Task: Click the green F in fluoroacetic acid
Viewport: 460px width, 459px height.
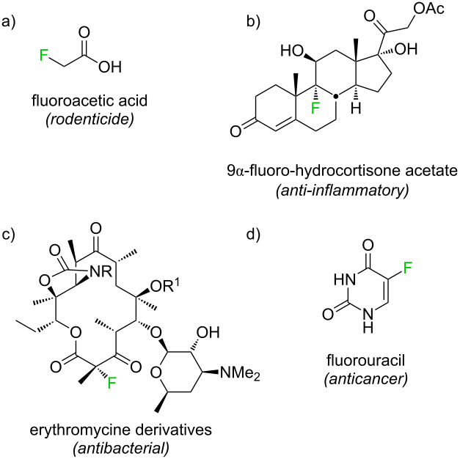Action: click(x=44, y=55)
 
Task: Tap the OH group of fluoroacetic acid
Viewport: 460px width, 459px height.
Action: click(x=110, y=67)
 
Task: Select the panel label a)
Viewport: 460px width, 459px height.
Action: click(x=9, y=22)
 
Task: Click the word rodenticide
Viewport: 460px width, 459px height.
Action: click(x=90, y=119)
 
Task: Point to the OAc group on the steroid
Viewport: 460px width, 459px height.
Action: click(x=429, y=9)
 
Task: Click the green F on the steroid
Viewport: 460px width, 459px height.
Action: click(x=315, y=109)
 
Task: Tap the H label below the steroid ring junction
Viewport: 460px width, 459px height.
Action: click(x=356, y=109)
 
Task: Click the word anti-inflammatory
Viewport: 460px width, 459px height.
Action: click(x=342, y=191)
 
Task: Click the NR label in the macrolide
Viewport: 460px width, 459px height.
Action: click(x=101, y=272)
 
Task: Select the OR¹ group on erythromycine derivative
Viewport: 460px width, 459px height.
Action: click(x=166, y=286)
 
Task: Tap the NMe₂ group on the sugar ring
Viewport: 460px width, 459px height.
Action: click(x=240, y=374)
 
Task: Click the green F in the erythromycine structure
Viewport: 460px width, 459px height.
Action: click(x=112, y=383)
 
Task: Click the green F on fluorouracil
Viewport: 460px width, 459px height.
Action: click(x=408, y=268)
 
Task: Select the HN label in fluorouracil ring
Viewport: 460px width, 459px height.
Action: click(x=345, y=279)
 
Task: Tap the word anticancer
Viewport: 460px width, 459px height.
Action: click(x=366, y=379)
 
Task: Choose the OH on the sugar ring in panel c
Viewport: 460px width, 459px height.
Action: click(x=208, y=332)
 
